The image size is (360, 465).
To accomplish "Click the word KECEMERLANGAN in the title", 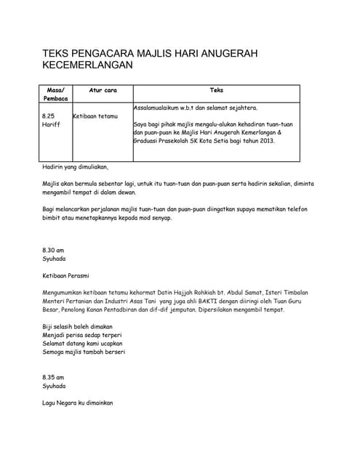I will click(x=87, y=65).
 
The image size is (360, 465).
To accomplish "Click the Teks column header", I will click(x=216, y=90).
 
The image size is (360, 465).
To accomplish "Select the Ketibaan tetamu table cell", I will click(x=95, y=116).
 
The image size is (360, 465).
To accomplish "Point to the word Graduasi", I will click(x=148, y=141).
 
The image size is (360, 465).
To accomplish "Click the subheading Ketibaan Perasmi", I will click(x=70, y=275).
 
